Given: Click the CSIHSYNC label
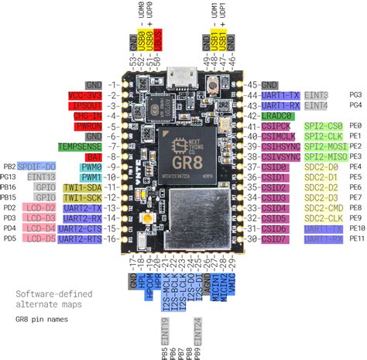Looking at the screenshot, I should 278,146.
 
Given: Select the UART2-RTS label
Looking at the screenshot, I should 82,239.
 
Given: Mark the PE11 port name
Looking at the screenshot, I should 356,239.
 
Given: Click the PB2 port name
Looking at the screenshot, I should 9,166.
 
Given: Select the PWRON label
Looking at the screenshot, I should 86,125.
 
